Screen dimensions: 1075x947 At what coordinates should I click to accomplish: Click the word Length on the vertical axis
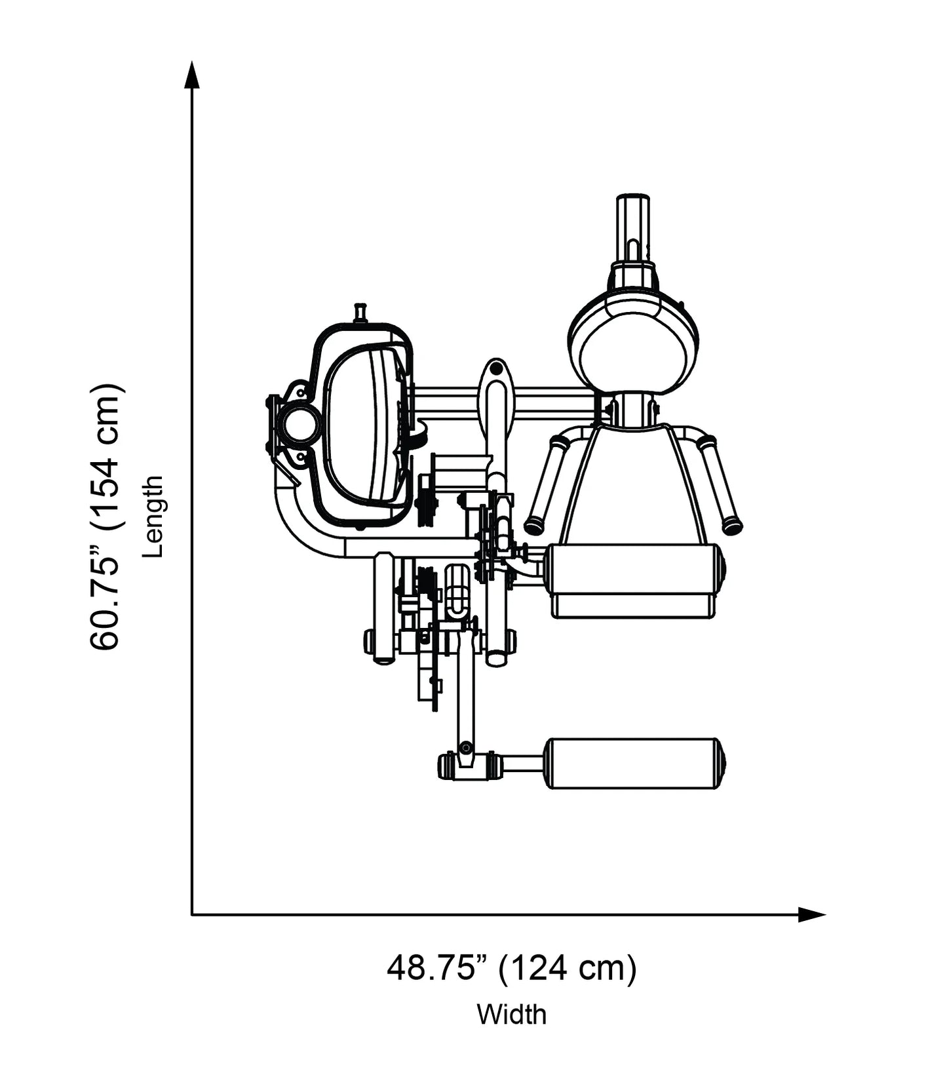pyautogui.click(x=152, y=517)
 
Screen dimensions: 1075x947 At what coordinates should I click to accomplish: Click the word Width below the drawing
pyautogui.click(x=511, y=1014)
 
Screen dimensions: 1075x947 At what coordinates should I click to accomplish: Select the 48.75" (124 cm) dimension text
pyautogui.click(x=511, y=968)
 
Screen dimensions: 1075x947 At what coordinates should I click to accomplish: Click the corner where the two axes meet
pyautogui.click(x=191, y=914)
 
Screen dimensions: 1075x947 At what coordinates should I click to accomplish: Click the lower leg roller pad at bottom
pyautogui.click(x=634, y=764)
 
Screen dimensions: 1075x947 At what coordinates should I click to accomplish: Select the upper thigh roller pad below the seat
pyautogui.click(x=634, y=569)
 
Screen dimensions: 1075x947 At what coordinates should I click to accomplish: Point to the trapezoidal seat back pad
pyautogui.click(x=632, y=485)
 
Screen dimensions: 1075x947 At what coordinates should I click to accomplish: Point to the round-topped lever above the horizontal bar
pyautogui.click(x=496, y=393)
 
